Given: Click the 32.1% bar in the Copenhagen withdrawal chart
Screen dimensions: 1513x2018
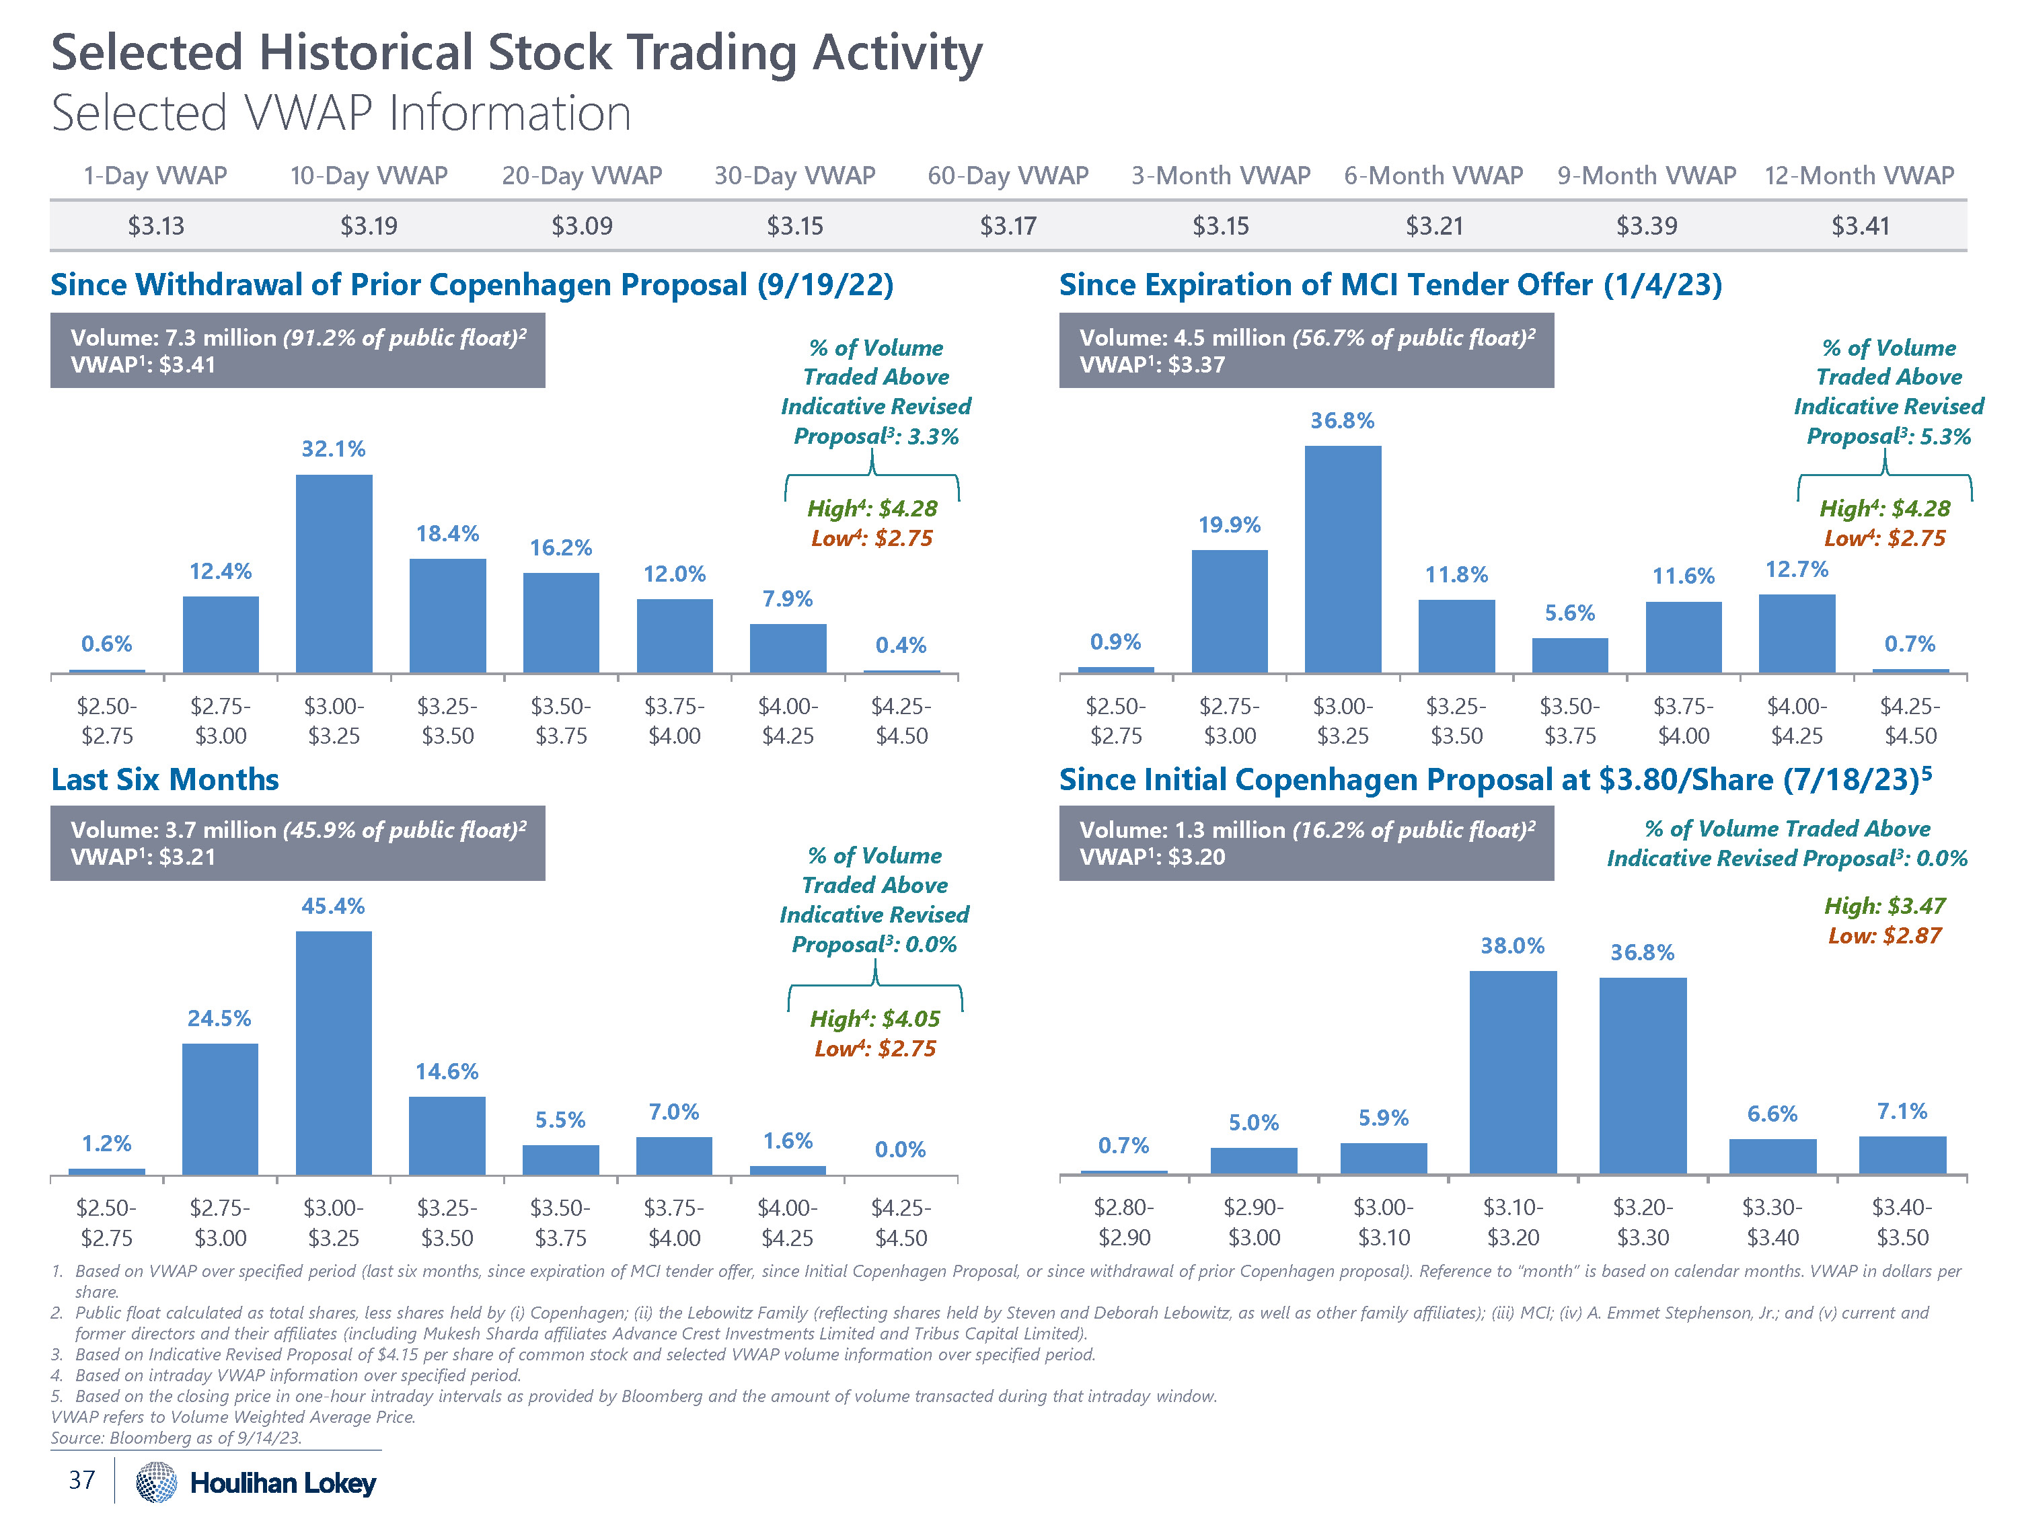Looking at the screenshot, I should tap(334, 574).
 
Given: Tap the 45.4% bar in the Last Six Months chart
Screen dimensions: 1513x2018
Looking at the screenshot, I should tap(334, 1052).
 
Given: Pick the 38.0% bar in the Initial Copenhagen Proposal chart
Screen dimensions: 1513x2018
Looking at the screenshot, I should tap(1513, 1073).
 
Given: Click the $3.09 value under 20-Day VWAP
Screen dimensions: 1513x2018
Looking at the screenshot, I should tap(582, 225).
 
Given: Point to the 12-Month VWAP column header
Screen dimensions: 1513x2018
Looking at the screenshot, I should tap(1859, 175).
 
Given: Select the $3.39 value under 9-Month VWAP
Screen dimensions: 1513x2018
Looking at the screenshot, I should tap(1646, 225).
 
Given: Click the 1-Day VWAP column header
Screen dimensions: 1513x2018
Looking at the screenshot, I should tap(155, 175).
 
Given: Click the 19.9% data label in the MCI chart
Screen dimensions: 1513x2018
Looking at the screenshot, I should tap(1229, 525).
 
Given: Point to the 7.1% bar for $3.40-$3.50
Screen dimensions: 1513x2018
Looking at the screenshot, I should tap(1902, 1155).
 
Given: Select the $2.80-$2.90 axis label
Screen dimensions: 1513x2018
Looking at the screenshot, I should tap(1123, 1222).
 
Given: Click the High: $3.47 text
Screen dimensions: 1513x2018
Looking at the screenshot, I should tap(1884, 906).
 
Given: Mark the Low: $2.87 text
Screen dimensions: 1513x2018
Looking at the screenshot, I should tap(1884, 936).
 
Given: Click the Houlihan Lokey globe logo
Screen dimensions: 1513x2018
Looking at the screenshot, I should tap(156, 1482).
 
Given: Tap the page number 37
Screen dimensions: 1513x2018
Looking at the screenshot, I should tap(82, 1479).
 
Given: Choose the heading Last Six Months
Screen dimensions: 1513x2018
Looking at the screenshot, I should tap(165, 780).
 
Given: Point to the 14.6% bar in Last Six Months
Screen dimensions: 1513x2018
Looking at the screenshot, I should tap(447, 1136).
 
